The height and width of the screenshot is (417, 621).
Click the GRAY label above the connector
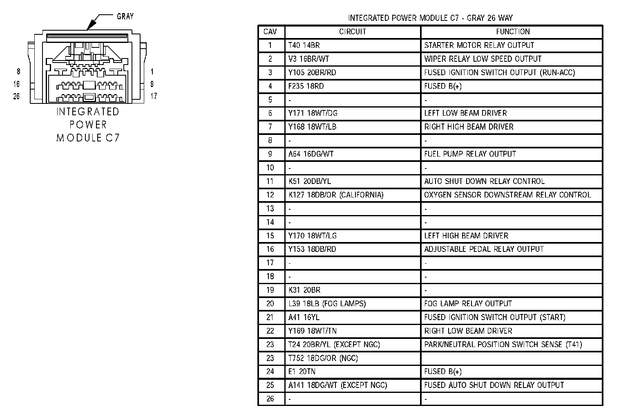(125, 16)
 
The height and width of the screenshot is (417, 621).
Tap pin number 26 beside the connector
(16, 96)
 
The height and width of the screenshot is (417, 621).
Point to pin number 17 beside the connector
(154, 96)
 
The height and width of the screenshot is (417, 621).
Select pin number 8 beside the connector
(18, 72)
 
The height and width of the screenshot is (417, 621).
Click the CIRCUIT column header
(353, 32)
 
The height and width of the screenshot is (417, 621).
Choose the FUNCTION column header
(513, 32)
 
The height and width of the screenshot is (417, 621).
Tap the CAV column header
(270, 32)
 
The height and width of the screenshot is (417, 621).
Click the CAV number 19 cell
(270, 290)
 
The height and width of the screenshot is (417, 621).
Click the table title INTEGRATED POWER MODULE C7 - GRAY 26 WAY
(430, 18)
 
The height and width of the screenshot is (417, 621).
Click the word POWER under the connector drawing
(88, 125)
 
